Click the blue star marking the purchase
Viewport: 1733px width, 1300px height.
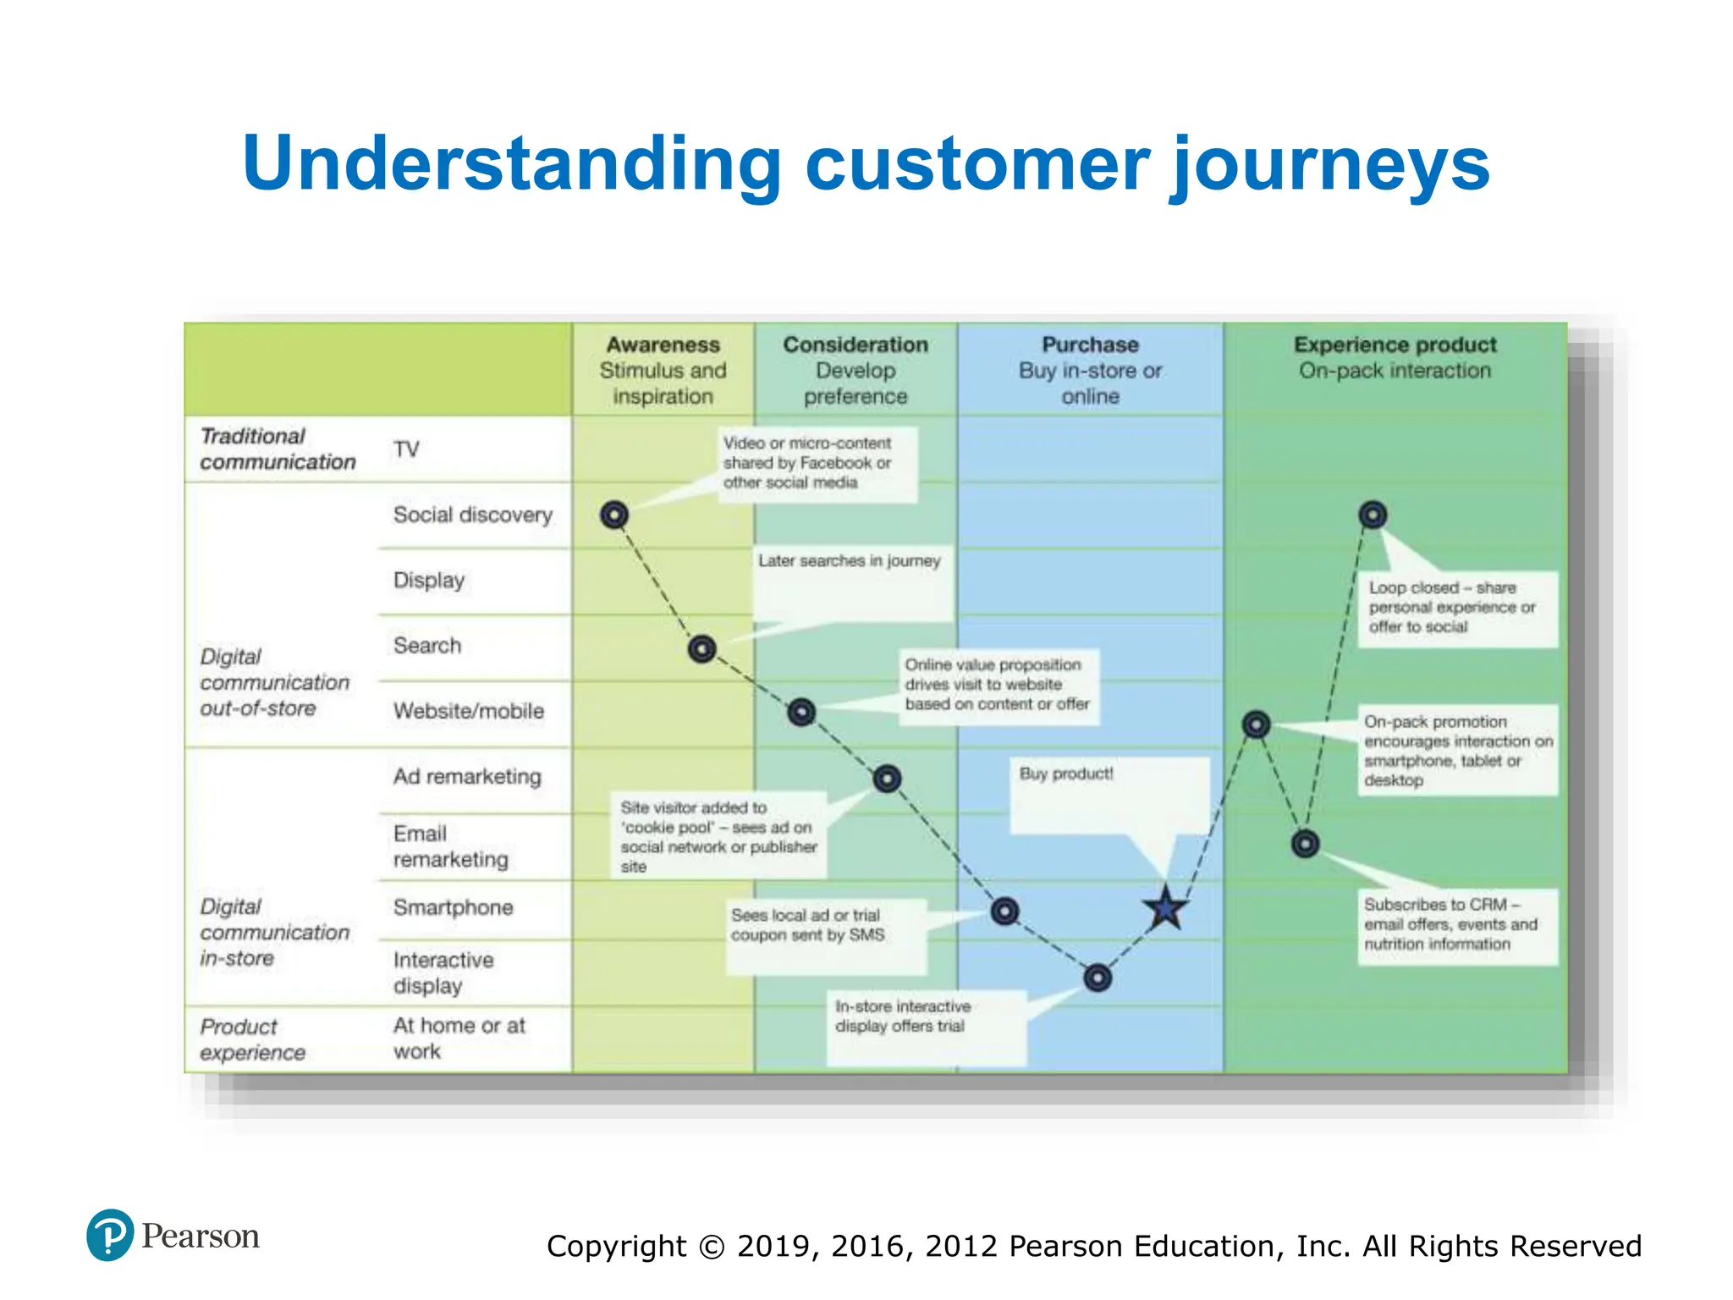pyautogui.click(x=1166, y=909)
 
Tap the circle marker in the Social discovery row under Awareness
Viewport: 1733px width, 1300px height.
pyautogui.click(x=614, y=514)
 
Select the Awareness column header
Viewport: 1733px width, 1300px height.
pyautogui.click(x=663, y=370)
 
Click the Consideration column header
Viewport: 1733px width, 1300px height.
pyautogui.click(x=855, y=370)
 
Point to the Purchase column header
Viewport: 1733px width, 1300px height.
pyautogui.click(x=1090, y=370)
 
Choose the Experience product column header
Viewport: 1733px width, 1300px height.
pyautogui.click(x=1395, y=357)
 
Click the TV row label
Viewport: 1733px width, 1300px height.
pyautogui.click(x=406, y=449)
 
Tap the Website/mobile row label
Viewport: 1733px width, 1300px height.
pyautogui.click(x=468, y=711)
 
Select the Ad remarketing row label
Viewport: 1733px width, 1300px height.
pyautogui.click(x=466, y=776)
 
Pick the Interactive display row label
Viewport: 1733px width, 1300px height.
pyautogui.click(x=443, y=972)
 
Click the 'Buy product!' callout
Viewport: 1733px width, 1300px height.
pyautogui.click(x=1066, y=774)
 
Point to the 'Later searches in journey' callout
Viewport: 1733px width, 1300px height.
pyautogui.click(x=849, y=561)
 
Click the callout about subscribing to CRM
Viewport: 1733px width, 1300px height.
pyautogui.click(x=1450, y=924)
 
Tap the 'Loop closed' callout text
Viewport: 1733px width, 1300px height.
pyautogui.click(x=1452, y=607)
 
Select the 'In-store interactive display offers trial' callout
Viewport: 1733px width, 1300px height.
pyautogui.click(x=903, y=1016)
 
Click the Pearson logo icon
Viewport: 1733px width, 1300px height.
pyautogui.click(x=110, y=1235)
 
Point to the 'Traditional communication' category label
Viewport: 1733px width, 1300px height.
pyautogui.click(x=278, y=449)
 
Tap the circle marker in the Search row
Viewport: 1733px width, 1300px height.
pyautogui.click(x=702, y=649)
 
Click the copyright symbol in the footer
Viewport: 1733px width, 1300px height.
pyautogui.click(x=712, y=1247)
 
